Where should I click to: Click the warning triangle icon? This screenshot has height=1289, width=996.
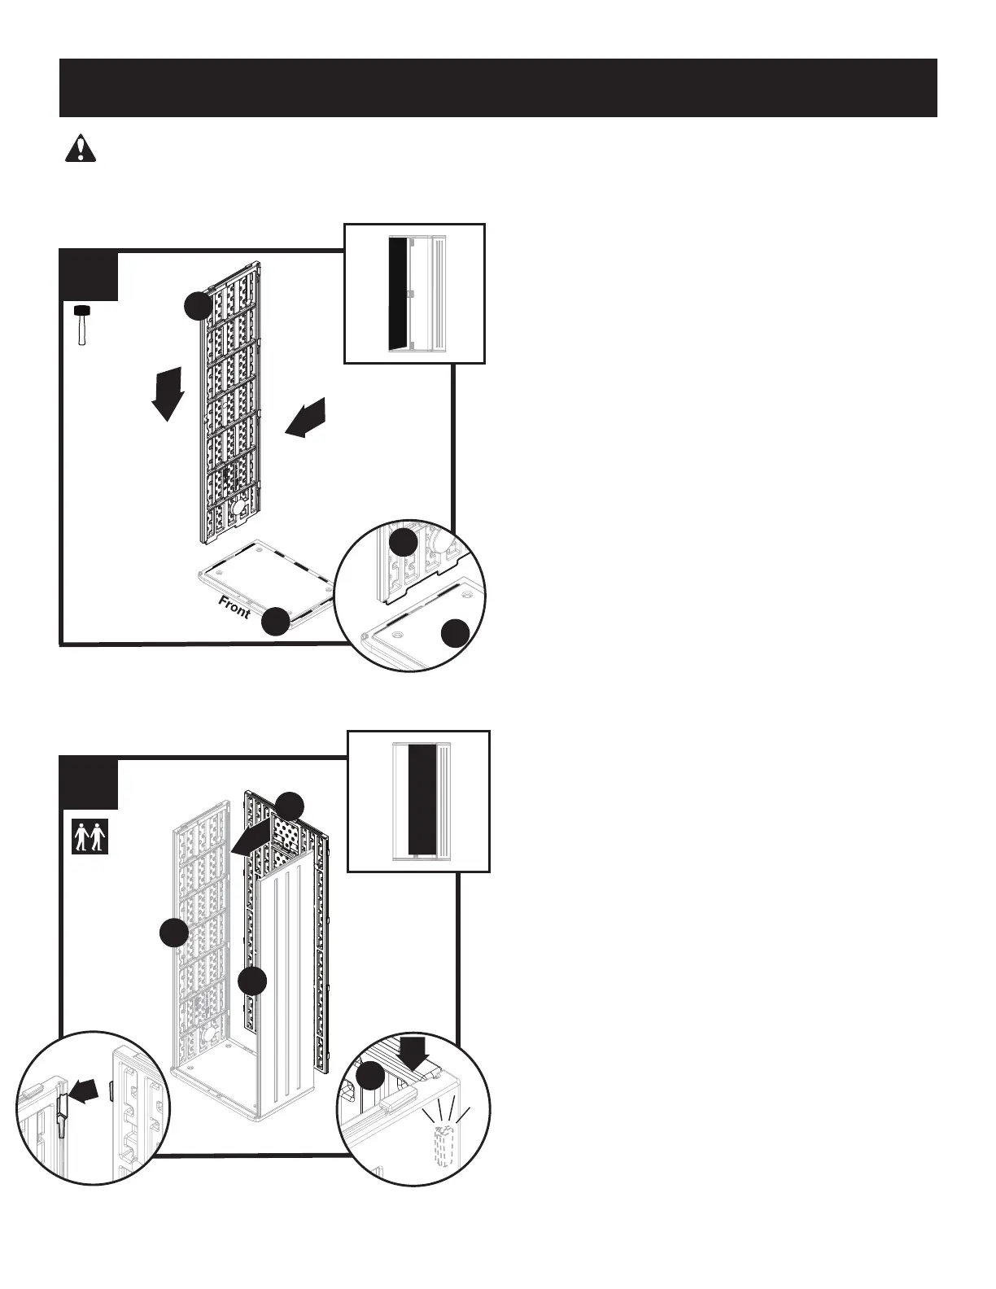point(80,149)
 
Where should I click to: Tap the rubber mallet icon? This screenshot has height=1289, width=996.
point(82,325)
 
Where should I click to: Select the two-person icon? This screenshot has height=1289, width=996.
point(90,837)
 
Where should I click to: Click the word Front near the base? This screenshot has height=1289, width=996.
point(234,607)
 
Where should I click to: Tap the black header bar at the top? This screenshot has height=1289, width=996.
point(498,88)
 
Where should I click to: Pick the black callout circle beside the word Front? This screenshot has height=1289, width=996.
point(276,622)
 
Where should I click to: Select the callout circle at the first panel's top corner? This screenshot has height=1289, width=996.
point(198,307)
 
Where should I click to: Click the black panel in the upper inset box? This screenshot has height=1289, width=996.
point(399,294)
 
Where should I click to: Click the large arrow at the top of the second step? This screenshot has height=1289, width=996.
point(251,837)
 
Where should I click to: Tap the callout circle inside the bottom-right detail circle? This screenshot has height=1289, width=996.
point(370,1076)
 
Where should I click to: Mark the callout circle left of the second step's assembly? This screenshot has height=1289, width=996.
point(173,933)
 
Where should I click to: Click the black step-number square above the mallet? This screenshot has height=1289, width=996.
point(90,277)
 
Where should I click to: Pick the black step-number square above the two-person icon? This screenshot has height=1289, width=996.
point(90,784)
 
